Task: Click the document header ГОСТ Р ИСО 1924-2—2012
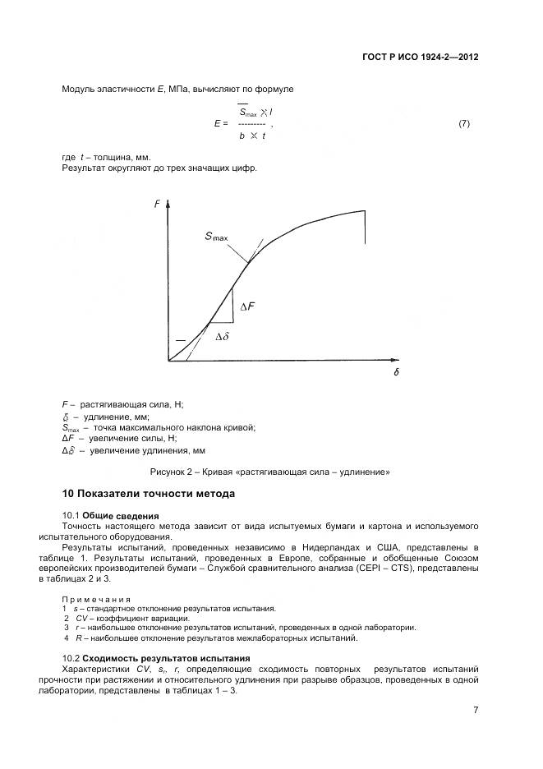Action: coord(420,58)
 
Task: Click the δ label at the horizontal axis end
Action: coord(395,372)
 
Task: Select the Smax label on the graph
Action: coord(217,237)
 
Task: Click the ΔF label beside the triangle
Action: coord(247,306)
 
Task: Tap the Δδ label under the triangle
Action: coord(222,337)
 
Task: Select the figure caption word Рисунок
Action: coord(168,472)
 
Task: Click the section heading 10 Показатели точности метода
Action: coord(149,494)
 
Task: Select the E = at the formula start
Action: coord(219,123)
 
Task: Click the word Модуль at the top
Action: coord(79,88)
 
